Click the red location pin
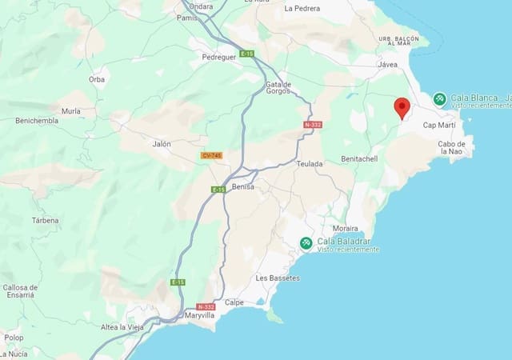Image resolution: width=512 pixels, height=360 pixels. pos(402,107)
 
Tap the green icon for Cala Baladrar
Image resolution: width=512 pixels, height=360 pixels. pos(306,243)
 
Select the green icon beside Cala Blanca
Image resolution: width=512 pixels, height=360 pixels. pos(439,99)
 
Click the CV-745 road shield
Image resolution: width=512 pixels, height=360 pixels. pos(211,155)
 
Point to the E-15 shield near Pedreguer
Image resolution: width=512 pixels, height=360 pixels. pos(246,54)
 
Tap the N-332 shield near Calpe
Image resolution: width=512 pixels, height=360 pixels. pos(206,306)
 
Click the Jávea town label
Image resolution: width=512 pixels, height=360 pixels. pos(388,65)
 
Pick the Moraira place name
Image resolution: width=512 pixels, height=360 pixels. pos(345,228)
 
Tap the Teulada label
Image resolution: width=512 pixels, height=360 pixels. pos(309,164)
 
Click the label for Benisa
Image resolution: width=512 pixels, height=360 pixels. pos(242,186)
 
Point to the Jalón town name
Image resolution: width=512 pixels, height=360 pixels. pos(162,145)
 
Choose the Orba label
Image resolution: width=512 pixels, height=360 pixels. pos(97,80)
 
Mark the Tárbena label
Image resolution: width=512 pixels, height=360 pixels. pos(45,220)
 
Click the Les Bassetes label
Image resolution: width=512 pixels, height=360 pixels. pos(278,278)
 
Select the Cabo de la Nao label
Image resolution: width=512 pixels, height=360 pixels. pos(451,147)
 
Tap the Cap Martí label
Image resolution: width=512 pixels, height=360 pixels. pos(439,126)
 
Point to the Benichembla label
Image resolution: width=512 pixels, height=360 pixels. pos(37,121)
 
